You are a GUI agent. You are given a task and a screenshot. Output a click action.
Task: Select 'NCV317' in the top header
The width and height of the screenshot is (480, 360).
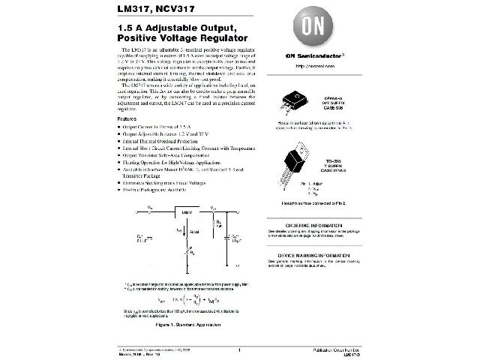pos(173,9)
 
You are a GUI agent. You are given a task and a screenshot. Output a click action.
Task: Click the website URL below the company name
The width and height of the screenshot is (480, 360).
pos(307,64)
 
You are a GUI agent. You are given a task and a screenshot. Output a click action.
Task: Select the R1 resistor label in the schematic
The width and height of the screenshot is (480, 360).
pos(218,222)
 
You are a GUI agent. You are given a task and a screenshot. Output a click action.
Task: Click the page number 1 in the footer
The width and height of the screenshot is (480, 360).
pos(238,350)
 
